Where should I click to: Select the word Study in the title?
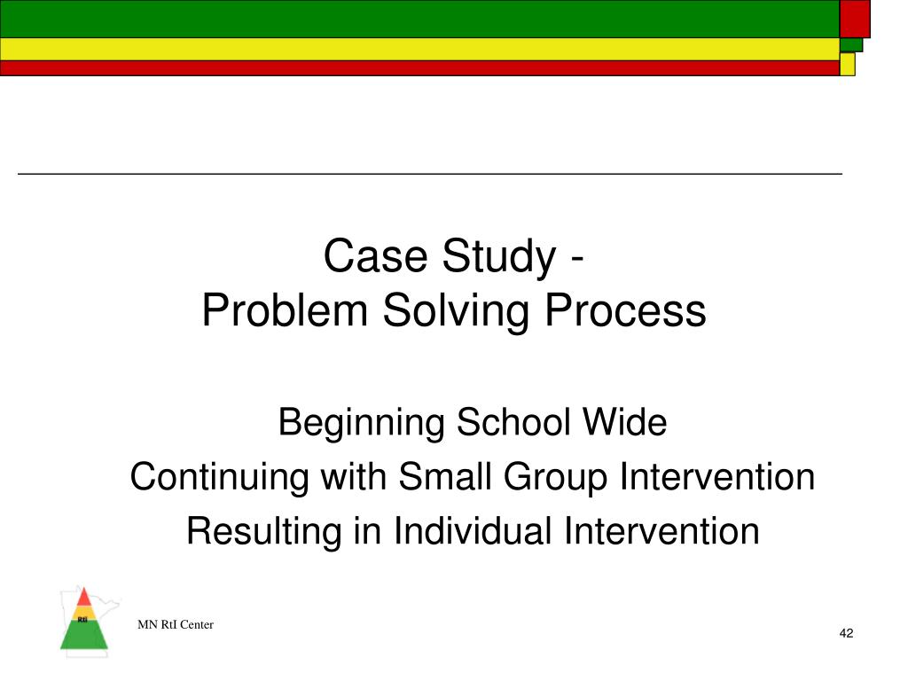tap(488, 256)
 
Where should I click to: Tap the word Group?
tap(556, 477)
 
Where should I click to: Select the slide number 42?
tap(846, 633)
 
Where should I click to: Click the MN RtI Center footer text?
tap(176, 625)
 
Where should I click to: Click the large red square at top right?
tap(855, 19)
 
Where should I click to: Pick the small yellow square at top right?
tap(847, 64)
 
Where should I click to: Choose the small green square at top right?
tap(850, 44)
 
